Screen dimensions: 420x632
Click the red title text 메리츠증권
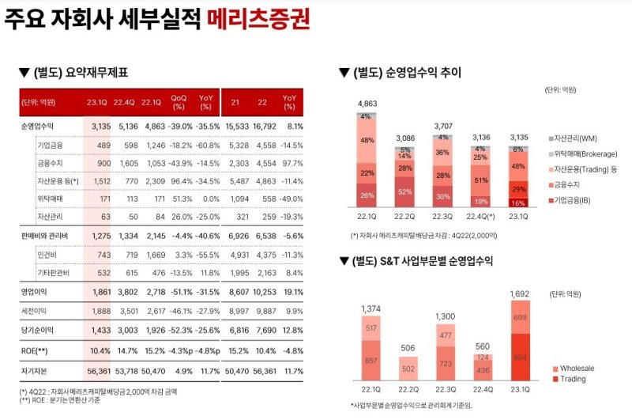[x=258, y=20]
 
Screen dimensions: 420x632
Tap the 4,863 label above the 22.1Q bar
[x=367, y=104]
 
